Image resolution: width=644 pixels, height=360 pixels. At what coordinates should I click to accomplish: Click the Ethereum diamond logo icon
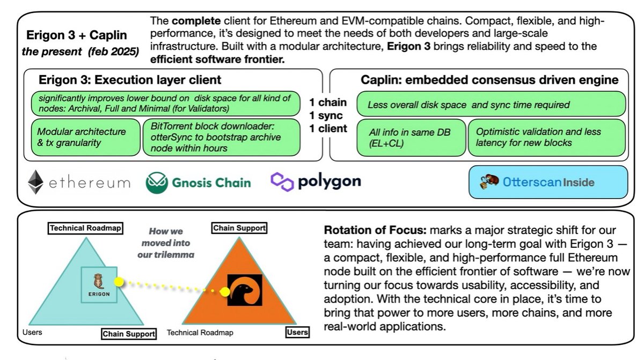tap(35, 182)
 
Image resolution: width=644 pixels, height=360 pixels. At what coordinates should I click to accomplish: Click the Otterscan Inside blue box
tap(548, 182)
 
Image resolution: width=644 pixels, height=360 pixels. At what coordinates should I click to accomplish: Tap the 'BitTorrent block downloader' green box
tap(221, 137)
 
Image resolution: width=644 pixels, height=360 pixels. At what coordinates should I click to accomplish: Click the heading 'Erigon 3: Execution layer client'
tap(130, 80)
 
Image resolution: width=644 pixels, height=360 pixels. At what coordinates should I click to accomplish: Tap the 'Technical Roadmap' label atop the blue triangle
tap(86, 228)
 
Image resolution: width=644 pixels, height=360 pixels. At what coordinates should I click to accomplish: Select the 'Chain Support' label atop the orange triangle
tap(239, 227)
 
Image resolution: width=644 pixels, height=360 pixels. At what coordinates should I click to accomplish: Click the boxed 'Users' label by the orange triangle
tap(297, 333)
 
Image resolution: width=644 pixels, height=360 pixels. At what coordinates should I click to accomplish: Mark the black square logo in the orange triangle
tap(244, 290)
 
